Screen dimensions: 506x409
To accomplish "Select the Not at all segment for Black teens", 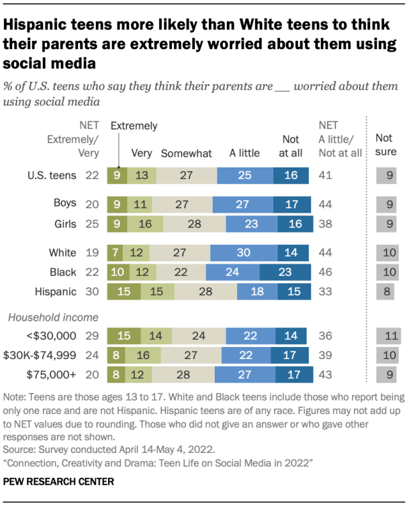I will point(284,273).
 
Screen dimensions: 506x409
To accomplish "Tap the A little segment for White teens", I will point(243,253).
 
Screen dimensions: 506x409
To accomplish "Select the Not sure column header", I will point(385,145).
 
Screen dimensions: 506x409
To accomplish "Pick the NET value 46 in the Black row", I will point(327,273).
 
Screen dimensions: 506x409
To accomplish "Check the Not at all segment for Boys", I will point(291,203).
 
